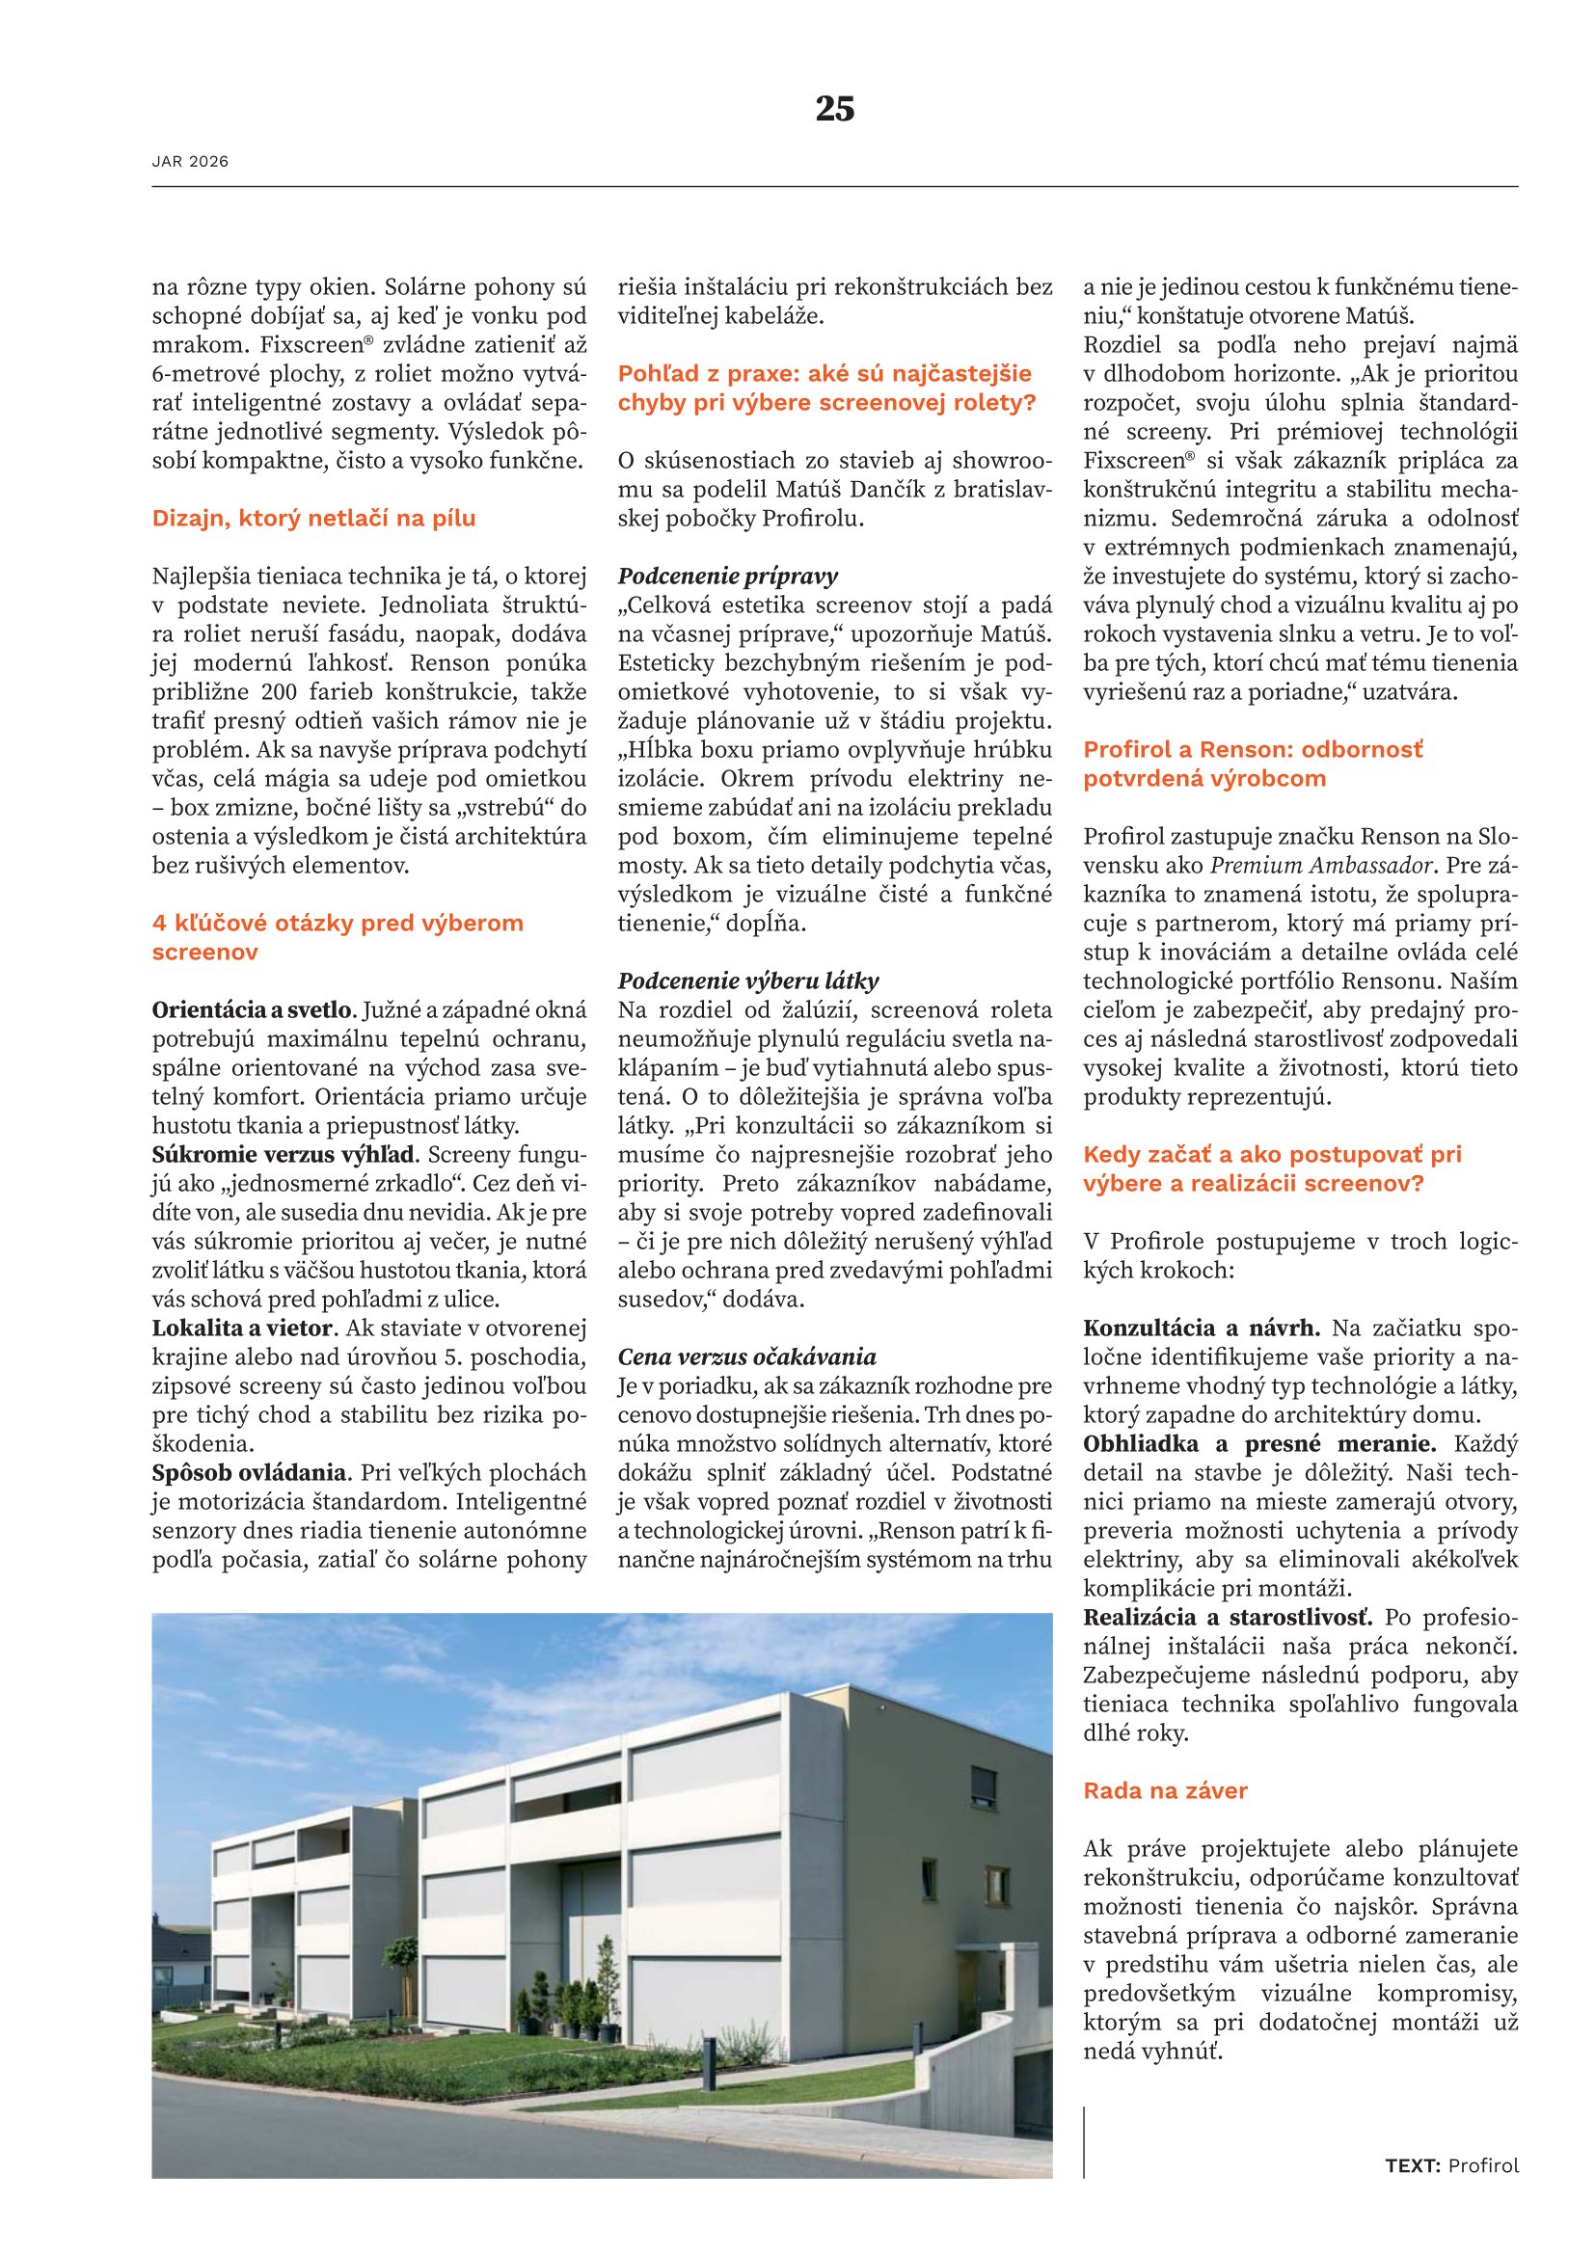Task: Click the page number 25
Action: pyautogui.click(x=835, y=108)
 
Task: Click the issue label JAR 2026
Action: pyautogui.click(x=191, y=162)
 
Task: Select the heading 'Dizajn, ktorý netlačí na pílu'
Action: pyautogui.click(x=313, y=519)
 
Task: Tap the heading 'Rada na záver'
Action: pyautogui.click(x=1165, y=1790)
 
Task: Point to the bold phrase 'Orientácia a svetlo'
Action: pyautogui.click(x=252, y=1009)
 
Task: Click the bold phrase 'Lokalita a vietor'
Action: pyautogui.click(x=245, y=1329)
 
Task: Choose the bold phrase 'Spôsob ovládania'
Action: pyautogui.click(x=251, y=1473)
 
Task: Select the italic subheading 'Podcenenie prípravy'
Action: pyautogui.click(x=728, y=577)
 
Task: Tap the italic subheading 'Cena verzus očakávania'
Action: pyautogui.click(x=746, y=1357)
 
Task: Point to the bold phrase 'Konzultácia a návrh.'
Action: pyautogui.click(x=1202, y=1329)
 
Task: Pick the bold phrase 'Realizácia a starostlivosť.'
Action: pyautogui.click(x=1228, y=1618)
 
